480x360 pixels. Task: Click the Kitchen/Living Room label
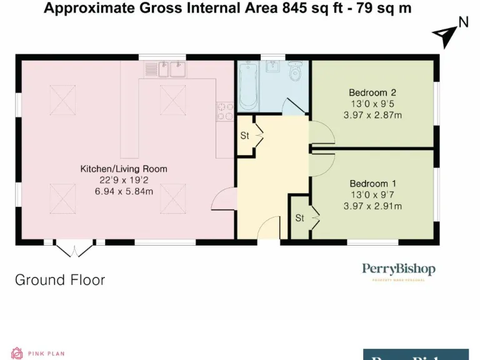pyautogui.click(x=123, y=169)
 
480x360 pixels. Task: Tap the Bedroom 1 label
pyautogui.click(x=372, y=184)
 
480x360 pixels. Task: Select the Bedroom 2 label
pyautogui.click(x=372, y=93)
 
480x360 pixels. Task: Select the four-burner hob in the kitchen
pyautogui.click(x=222, y=111)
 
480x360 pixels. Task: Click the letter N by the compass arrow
pyautogui.click(x=463, y=22)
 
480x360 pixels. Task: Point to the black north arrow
pyautogui.click(x=445, y=36)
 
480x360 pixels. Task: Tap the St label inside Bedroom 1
pyautogui.click(x=300, y=218)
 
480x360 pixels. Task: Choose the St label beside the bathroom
pyautogui.click(x=245, y=136)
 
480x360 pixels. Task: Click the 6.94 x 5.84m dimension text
pyautogui.click(x=123, y=191)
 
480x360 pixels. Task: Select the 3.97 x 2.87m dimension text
pyautogui.click(x=372, y=116)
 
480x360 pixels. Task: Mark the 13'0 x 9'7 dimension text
pyautogui.click(x=372, y=195)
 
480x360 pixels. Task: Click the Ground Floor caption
pyautogui.click(x=60, y=279)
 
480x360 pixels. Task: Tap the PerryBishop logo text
pyautogui.click(x=399, y=269)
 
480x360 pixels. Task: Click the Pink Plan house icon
pyautogui.click(x=17, y=354)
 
